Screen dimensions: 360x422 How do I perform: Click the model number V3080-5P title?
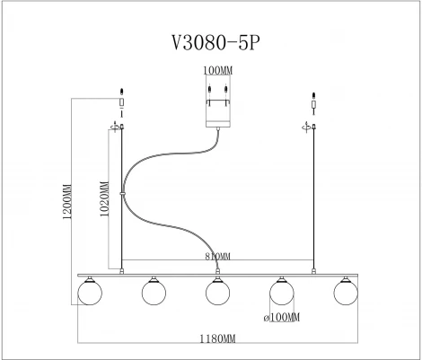(x=213, y=44)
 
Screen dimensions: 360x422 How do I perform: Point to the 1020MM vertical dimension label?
(x=105, y=201)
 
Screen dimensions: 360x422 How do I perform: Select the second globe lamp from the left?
(x=153, y=292)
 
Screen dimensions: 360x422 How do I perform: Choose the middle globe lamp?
(x=214, y=292)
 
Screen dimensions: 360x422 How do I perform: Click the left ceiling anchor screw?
(x=121, y=92)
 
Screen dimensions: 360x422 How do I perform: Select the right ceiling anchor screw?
(x=312, y=93)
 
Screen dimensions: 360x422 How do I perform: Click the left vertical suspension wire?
(x=121, y=198)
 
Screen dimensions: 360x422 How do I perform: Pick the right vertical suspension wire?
(x=313, y=198)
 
